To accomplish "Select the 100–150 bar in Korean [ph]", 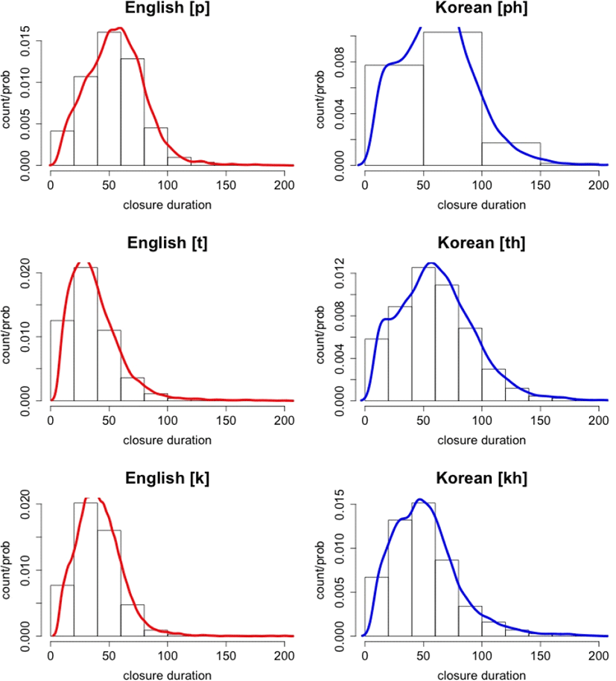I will coord(511,154).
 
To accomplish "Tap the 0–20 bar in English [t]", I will coord(62,360).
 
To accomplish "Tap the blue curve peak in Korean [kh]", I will coord(420,499).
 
